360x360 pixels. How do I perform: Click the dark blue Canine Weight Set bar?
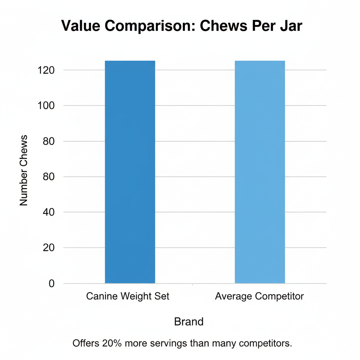[x=130, y=172]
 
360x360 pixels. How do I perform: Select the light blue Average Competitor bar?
[x=260, y=172]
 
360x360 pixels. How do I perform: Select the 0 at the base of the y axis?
[x=52, y=283]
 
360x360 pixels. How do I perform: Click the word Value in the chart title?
[x=82, y=26]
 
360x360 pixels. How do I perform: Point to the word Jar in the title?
[x=290, y=26]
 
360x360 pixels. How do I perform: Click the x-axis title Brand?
[x=189, y=321]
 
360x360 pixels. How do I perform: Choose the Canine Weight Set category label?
[x=128, y=296]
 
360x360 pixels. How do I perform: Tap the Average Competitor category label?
[x=259, y=296]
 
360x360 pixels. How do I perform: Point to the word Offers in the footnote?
[x=84, y=343]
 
